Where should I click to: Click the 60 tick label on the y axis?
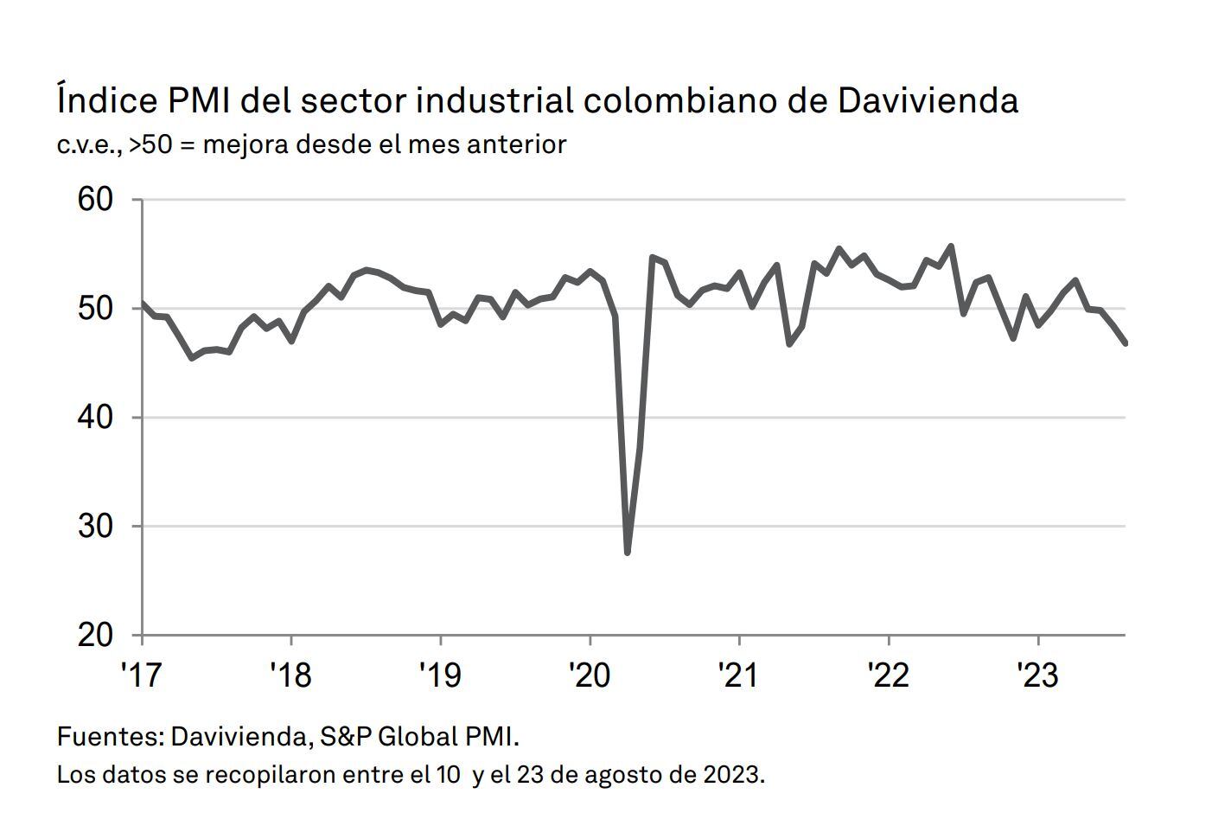coord(96,200)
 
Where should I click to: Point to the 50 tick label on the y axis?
coord(96,309)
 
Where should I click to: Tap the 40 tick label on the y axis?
coord(96,418)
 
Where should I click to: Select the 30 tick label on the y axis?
coord(96,526)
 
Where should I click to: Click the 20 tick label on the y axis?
coord(96,635)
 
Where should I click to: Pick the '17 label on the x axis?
coord(141,675)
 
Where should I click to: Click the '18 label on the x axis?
coord(290,675)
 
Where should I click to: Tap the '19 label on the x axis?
coord(440,675)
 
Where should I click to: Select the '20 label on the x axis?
coord(590,675)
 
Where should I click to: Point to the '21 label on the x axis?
coord(739,675)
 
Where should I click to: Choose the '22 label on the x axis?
coord(889,675)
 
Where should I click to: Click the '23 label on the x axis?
coord(1037,675)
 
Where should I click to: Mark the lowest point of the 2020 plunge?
coord(627,552)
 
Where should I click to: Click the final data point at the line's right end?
coord(1125,343)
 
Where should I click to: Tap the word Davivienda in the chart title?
coord(928,100)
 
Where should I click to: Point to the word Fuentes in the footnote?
coord(109,737)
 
